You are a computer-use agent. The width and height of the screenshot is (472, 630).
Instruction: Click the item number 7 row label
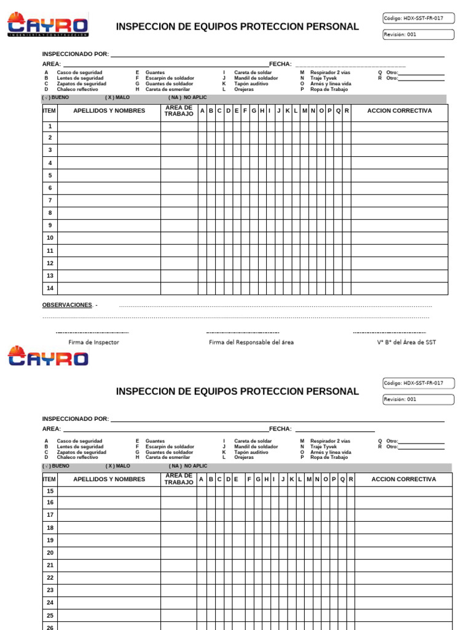50,201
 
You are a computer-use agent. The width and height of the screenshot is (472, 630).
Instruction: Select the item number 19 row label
50,540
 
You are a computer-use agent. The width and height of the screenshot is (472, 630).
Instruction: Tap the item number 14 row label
50,288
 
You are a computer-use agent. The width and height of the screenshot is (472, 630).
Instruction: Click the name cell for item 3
109,150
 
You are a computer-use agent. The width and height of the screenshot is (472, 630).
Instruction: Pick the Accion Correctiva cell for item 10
399,238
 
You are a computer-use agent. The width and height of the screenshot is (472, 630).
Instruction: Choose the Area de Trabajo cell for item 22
179,578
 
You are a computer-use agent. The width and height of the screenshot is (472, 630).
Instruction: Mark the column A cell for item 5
202,175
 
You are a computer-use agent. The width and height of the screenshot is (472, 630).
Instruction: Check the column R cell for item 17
350,515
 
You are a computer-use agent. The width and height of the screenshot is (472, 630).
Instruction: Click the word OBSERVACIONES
67,305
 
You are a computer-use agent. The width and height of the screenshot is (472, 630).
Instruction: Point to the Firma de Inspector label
93,342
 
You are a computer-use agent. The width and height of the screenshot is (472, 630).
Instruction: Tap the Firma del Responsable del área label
251,342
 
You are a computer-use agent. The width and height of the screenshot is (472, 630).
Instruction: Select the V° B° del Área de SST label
406,342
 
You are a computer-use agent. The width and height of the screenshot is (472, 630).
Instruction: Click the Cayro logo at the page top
47,26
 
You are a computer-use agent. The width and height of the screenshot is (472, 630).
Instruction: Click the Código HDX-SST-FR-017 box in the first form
418,18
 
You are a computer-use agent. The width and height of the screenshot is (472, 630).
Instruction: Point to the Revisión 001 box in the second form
418,399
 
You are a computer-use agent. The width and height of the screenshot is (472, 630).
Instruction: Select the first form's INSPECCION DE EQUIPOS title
237,26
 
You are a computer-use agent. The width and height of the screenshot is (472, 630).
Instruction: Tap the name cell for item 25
109,615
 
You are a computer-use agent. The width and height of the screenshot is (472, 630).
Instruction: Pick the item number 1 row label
50,126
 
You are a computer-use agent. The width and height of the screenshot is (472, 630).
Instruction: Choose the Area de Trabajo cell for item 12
179,263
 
